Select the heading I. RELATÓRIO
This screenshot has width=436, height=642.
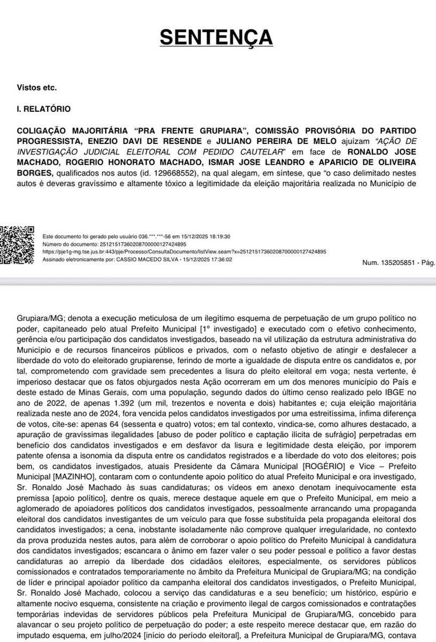click(43, 109)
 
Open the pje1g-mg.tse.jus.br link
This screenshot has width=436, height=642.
click(183, 251)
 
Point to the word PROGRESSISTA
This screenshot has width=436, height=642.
click(48, 141)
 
